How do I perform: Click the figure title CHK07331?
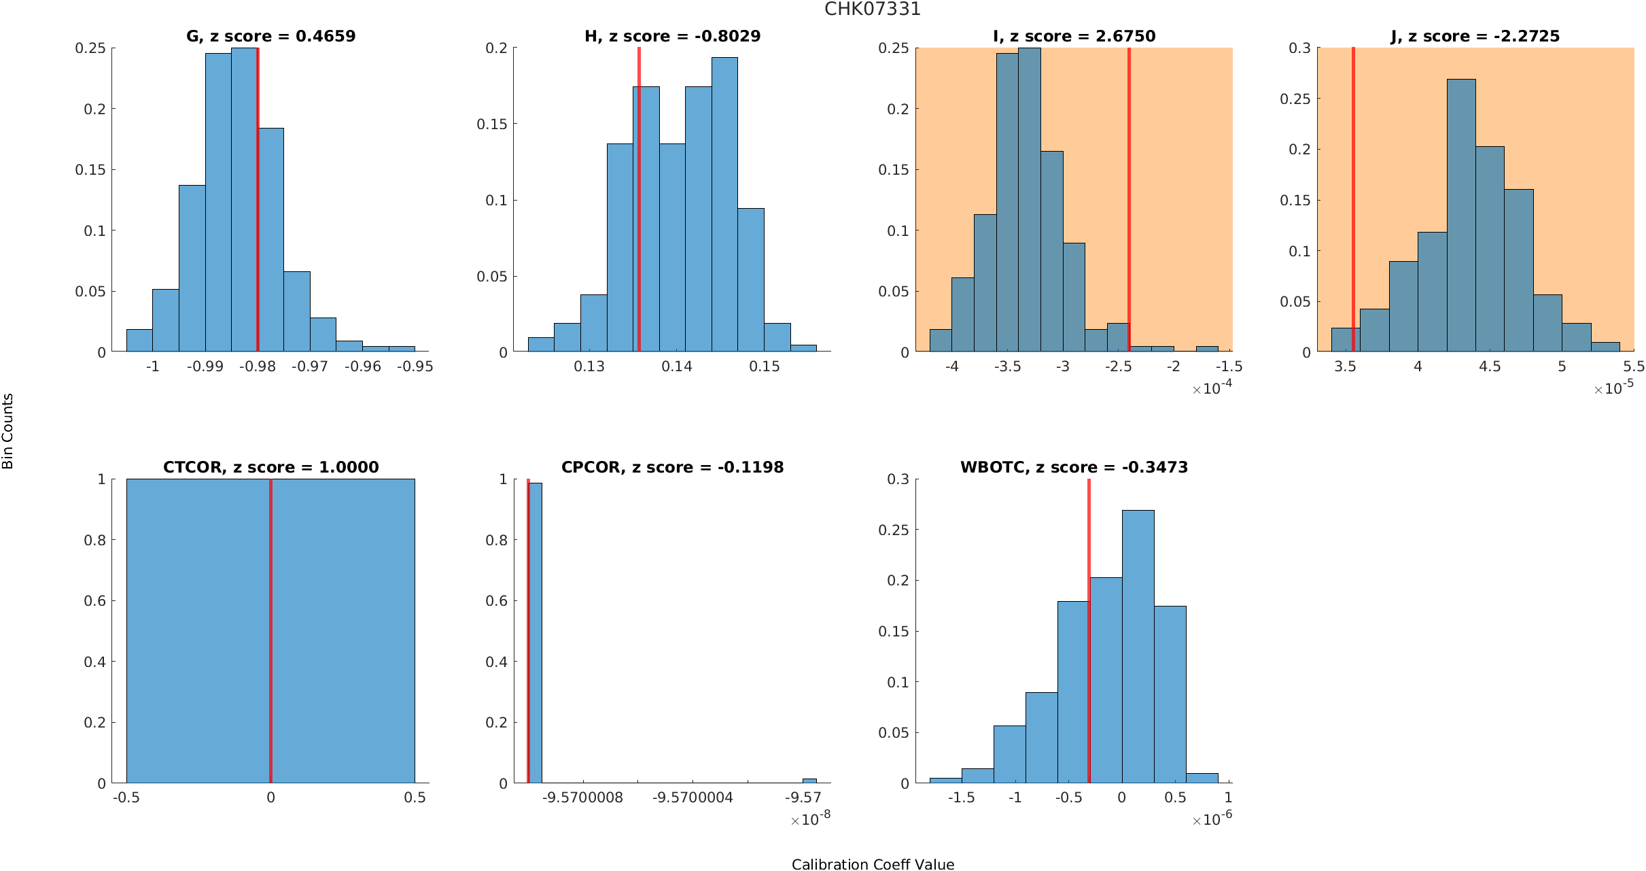tap(872, 10)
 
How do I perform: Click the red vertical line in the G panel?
tap(258, 204)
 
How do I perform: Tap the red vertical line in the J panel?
tap(1353, 204)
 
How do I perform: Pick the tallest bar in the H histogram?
tap(724, 204)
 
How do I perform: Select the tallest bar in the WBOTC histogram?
tap(1138, 646)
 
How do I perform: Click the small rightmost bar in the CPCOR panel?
tap(809, 781)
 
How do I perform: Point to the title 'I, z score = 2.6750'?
tap(1074, 37)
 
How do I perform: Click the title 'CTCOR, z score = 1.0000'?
tap(270, 467)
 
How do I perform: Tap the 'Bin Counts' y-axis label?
tap(8, 431)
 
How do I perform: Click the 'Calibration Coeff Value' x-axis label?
tap(873, 864)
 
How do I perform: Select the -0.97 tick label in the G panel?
tap(310, 367)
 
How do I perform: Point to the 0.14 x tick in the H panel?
tap(677, 367)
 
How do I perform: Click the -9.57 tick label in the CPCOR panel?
tap(803, 798)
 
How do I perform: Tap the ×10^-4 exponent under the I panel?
tap(1212, 388)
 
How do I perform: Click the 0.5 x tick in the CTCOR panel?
tap(415, 798)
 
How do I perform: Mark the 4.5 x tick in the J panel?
tap(1490, 367)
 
